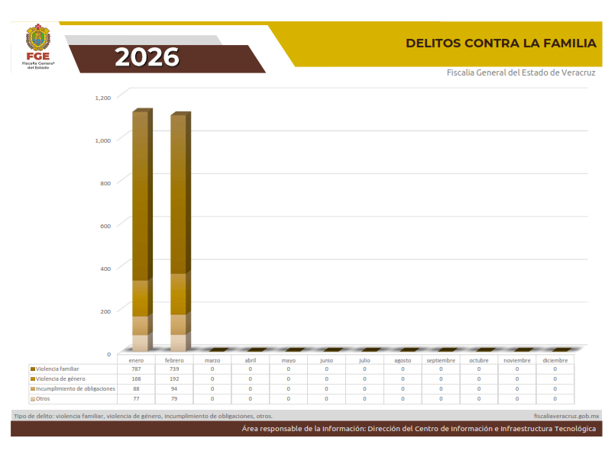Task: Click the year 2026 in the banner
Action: pyautogui.click(x=147, y=56)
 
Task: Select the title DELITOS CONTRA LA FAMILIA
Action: pyautogui.click(x=500, y=43)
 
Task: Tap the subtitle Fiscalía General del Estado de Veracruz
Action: pyautogui.click(x=520, y=72)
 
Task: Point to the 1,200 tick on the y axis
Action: pyautogui.click(x=103, y=97)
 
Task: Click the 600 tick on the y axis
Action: pyautogui.click(x=105, y=225)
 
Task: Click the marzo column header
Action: pyautogui.click(x=212, y=360)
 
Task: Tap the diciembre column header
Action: pyautogui.click(x=555, y=360)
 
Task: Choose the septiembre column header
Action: pyautogui.click(x=441, y=360)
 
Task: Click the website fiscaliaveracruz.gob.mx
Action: pyautogui.click(x=566, y=417)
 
